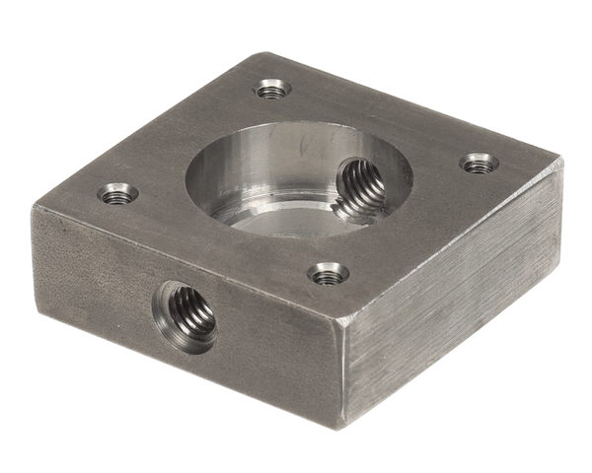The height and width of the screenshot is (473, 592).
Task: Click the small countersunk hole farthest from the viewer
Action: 272,89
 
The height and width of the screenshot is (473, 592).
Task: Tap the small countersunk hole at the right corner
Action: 479,163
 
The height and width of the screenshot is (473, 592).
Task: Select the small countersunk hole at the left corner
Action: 117,193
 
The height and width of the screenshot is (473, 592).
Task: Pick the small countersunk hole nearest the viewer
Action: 327,274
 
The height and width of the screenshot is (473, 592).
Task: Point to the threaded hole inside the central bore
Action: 360,187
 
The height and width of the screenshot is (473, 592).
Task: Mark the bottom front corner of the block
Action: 344,426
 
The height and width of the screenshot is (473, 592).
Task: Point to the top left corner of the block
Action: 35,207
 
